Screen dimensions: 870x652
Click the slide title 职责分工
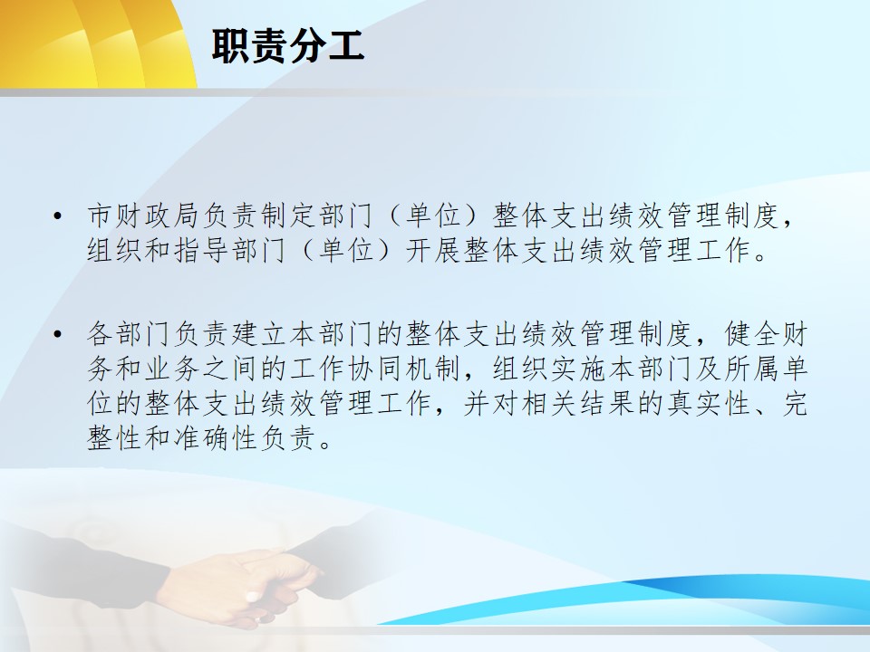click(x=287, y=46)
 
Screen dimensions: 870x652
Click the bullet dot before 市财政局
click(x=57, y=216)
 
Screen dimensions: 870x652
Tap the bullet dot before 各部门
click(x=57, y=334)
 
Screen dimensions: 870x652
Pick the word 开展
click(x=433, y=251)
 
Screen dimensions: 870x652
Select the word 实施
click(x=577, y=369)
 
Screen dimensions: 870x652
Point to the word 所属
click(x=751, y=369)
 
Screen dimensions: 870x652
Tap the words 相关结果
click(x=577, y=404)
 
